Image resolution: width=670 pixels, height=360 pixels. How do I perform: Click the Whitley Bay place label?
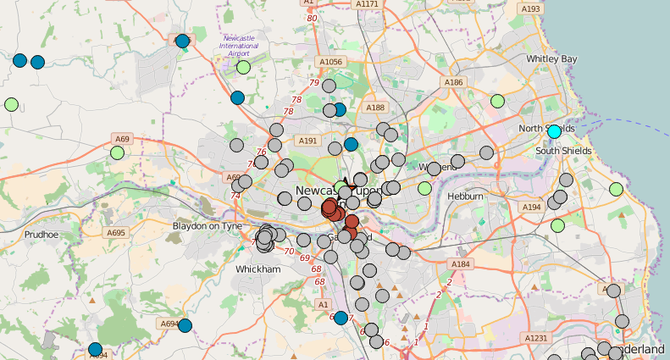coord(551,58)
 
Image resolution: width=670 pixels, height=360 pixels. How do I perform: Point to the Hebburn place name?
coord(466,197)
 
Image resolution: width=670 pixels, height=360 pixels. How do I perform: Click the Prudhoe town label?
coord(41,235)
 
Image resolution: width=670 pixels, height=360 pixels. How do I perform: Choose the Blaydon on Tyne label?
coord(208,226)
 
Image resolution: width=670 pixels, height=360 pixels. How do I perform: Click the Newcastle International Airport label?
coord(239,46)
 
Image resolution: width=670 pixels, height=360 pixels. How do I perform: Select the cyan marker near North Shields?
coord(555,131)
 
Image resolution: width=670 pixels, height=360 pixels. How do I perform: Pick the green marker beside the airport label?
coord(243,67)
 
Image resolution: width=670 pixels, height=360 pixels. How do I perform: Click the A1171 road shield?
coord(368,4)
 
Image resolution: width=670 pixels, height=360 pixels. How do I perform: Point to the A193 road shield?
coord(531,8)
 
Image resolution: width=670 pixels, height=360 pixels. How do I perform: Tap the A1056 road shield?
coord(330,62)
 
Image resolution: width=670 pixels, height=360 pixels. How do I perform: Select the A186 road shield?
coord(454,82)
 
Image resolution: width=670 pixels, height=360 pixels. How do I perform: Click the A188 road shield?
coord(374,108)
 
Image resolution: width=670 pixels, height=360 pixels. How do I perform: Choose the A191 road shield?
coord(307,141)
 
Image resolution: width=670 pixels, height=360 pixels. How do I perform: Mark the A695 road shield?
coord(116,233)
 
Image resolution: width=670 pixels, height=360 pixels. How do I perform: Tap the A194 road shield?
coord(531,207)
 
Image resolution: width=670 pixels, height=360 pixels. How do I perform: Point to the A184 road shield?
coord(460,264)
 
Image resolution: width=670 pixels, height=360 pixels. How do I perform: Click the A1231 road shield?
coord(536,338)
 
